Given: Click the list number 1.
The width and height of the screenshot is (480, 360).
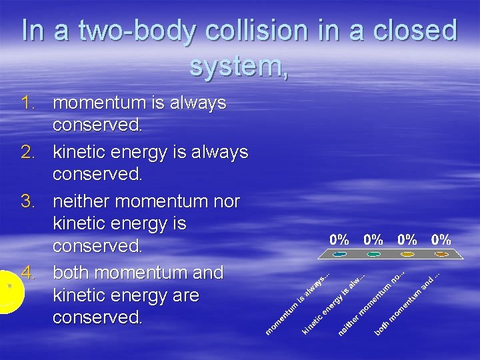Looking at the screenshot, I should point(27,103).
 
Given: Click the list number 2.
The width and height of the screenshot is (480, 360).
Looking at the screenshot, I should point(27,153).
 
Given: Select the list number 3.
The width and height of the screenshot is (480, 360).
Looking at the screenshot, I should point(27,201).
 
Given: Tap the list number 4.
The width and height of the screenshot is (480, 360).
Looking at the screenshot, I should point(27,273).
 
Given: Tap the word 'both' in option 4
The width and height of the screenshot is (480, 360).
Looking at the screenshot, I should point(71,273).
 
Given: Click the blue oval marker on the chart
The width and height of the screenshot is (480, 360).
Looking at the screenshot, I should point(340,254).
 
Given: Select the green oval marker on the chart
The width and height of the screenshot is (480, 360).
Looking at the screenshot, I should point(374,254).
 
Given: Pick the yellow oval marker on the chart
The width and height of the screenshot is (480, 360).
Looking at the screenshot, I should point(407,254).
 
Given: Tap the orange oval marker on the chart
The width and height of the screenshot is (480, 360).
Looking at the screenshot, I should point(441,254).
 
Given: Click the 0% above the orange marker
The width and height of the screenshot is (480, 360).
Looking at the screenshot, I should point(441,239).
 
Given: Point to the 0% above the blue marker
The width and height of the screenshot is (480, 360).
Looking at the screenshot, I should point(340,239).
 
